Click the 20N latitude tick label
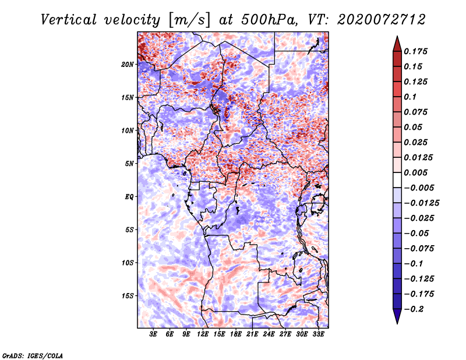(128, 65)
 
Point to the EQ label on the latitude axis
(129, 197)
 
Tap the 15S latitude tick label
(128, 296)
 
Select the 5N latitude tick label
(129, 164)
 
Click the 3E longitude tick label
(153, 334)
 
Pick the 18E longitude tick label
(236, 334)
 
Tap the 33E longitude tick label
(318, 334)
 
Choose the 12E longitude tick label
(203, 334)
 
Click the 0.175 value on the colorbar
(415, 51)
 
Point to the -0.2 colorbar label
(414, 309)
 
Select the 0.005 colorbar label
(415, 172)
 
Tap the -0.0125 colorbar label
(421, 203)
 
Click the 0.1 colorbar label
(410, 97)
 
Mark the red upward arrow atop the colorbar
(397, 44)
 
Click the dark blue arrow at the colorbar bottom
(397, 316)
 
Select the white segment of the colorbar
(397, 180)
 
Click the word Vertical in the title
(69, 20)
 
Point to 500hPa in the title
(269, 20)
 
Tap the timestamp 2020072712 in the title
(382, 20)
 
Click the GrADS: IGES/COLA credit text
(33, 356)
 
